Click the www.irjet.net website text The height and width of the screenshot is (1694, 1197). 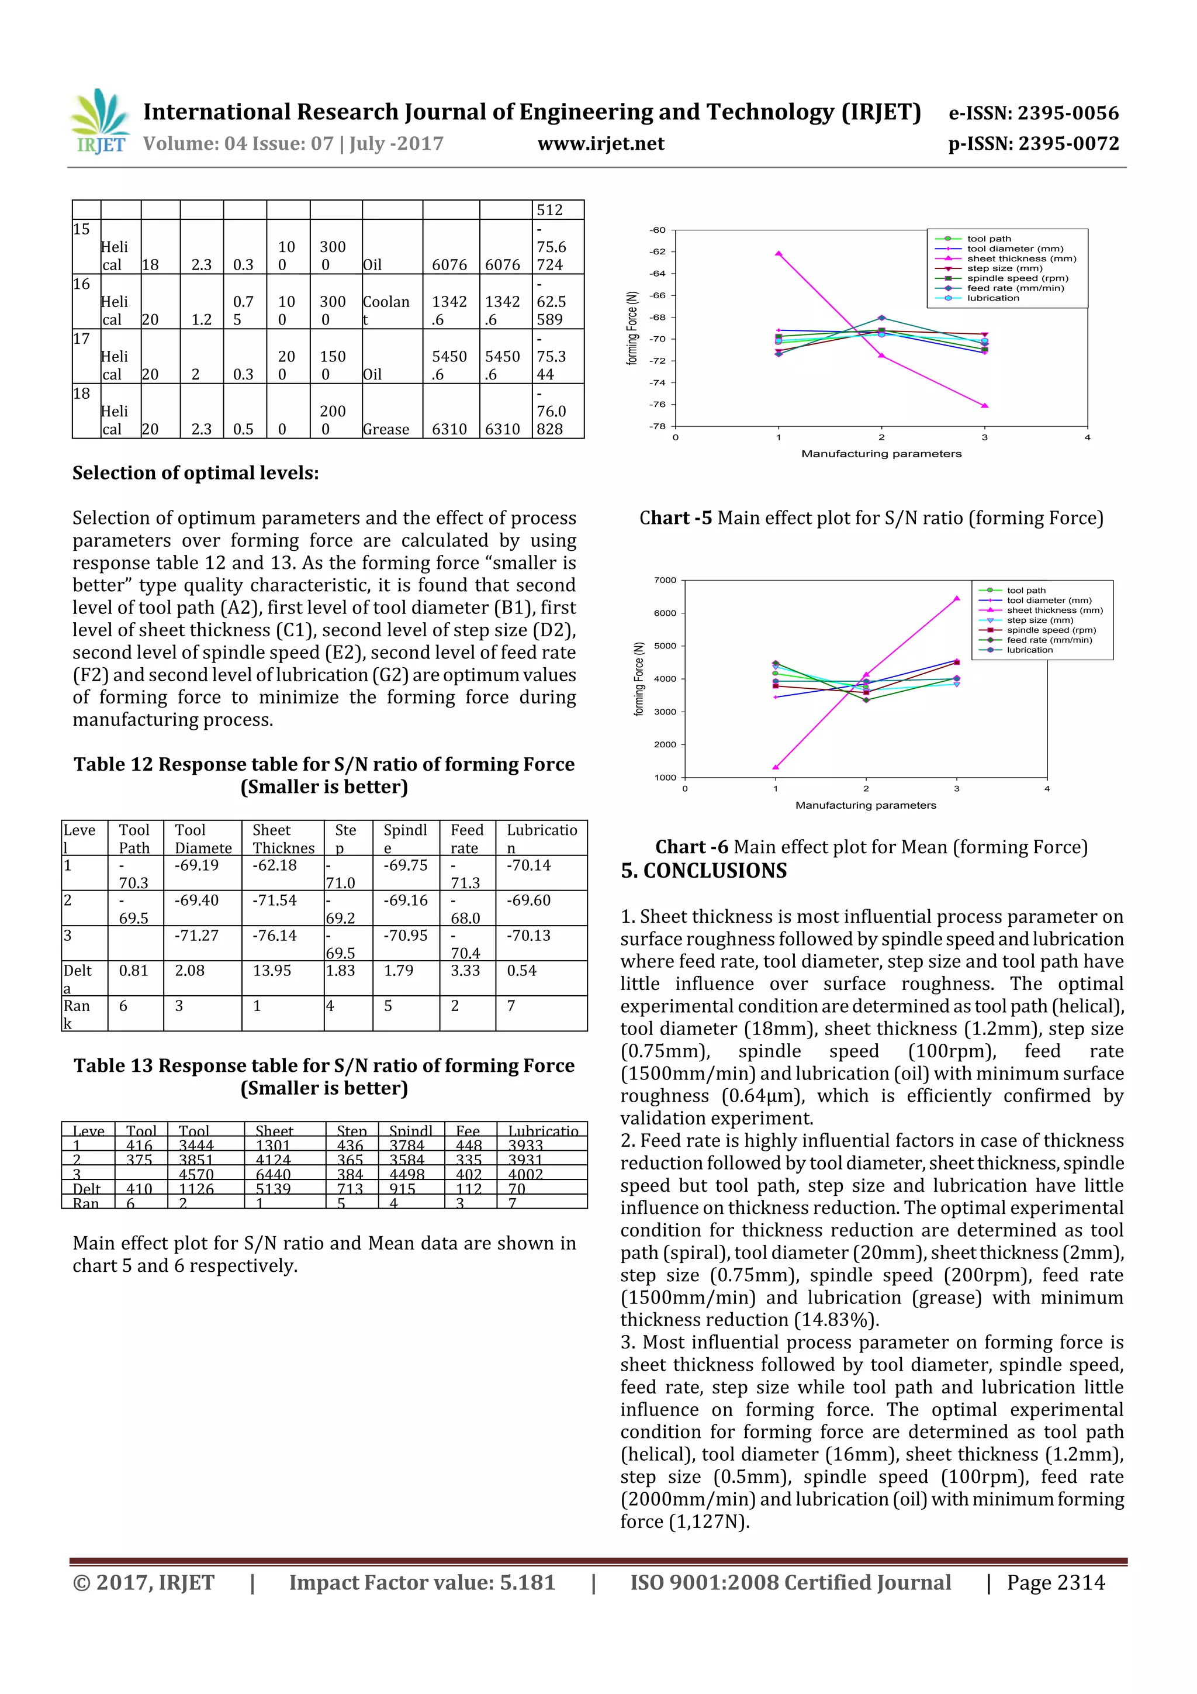tap(600, 143)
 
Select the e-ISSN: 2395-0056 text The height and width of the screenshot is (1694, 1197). tap(1033, 113)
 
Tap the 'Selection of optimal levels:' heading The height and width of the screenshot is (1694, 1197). tap(195, 473)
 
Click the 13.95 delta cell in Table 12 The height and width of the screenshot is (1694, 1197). tap(272, 970)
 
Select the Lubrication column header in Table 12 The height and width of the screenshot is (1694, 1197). tap(541, 838)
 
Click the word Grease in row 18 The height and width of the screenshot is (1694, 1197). tap(386, 429)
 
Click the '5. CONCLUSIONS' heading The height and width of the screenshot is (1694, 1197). tap(703, 871)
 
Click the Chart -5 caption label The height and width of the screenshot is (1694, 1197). tap(675, 518)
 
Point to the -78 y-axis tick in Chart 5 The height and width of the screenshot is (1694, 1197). tap(657, 426)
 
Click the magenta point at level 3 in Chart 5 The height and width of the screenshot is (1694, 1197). tap(985, 405)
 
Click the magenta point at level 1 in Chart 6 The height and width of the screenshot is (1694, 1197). tap(775, 767)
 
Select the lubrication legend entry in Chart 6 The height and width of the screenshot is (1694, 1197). tap(1030, 650)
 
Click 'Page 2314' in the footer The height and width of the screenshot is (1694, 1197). tap(1056, 1582)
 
